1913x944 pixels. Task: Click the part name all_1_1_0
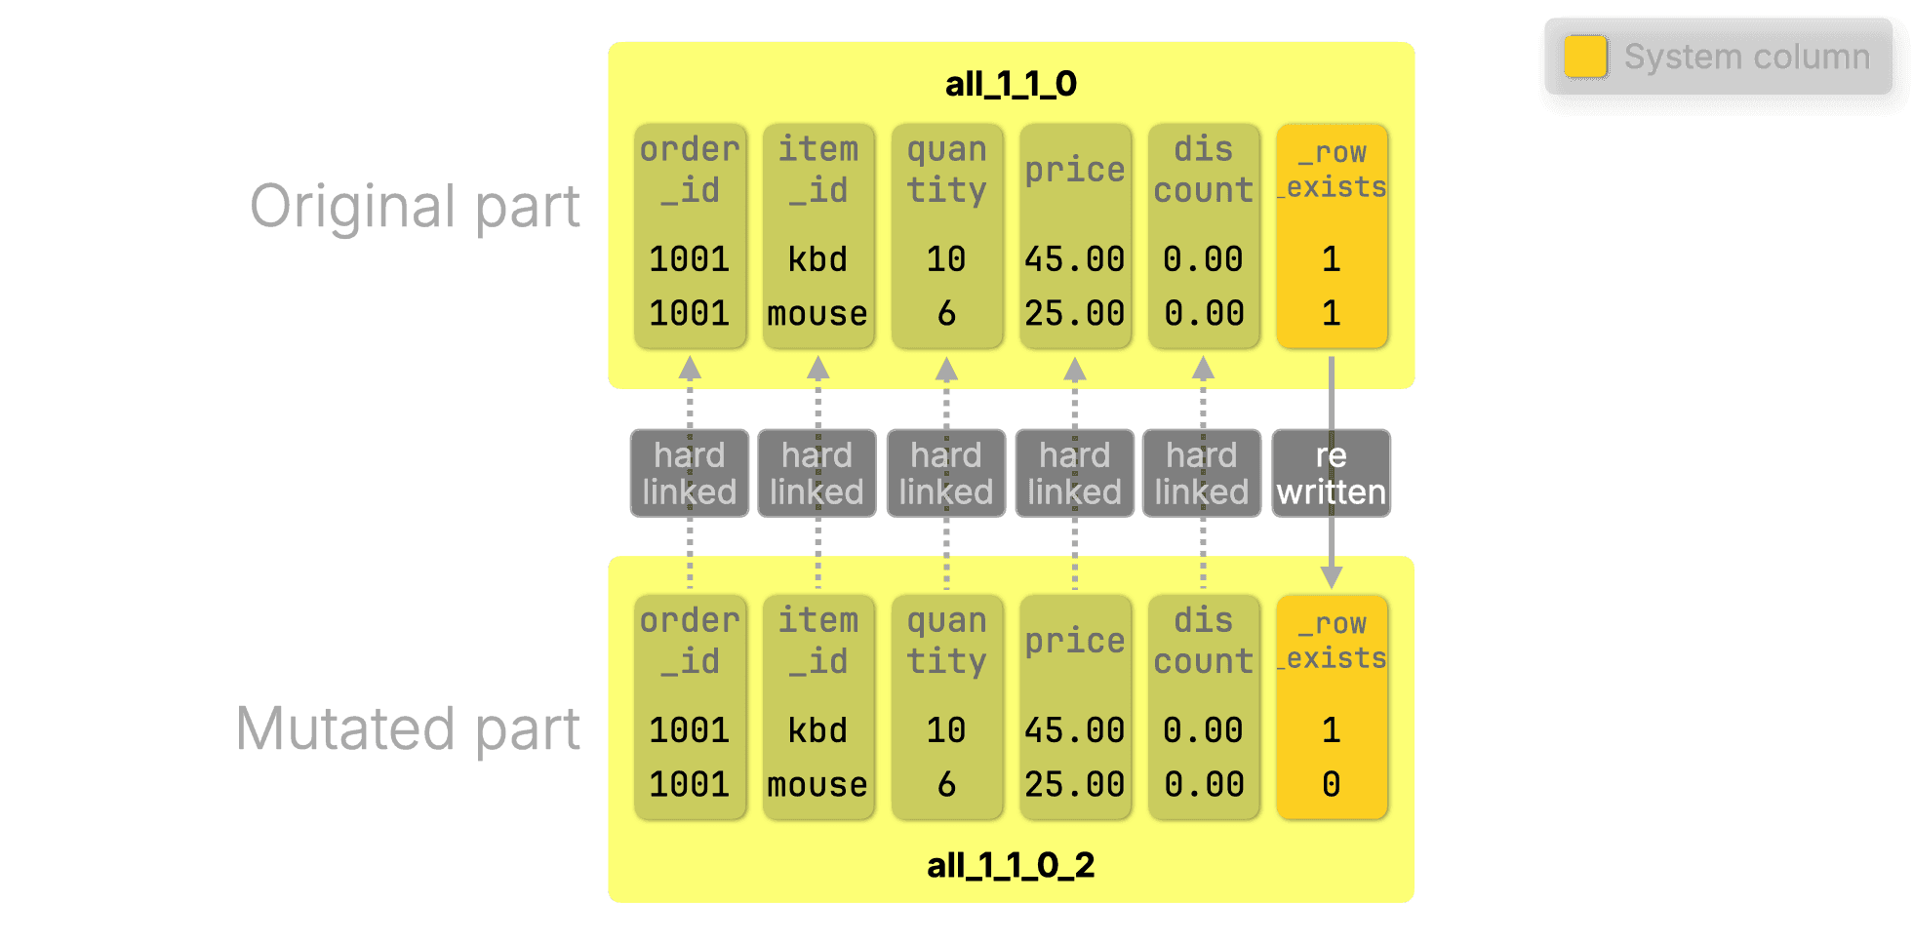(1011, 84)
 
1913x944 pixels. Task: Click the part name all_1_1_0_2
(1011, 865)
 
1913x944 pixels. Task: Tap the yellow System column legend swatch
(1585, 57)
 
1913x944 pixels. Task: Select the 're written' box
(1331, 473)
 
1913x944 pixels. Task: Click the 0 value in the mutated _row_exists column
(1331, 784)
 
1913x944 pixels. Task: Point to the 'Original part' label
(415, 207)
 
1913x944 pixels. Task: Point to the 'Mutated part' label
(408, 728)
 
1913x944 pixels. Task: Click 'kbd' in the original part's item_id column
(817, 259)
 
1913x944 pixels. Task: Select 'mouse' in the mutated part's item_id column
(817, 785)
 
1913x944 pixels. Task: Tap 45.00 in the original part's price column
(1074, 259)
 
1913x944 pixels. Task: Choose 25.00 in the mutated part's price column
(1074, 784)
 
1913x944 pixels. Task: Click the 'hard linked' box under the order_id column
(690, 473)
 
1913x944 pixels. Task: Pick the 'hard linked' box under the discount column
(1202, 473)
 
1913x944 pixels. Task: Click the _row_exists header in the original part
(1333, 170)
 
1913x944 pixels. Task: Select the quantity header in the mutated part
(946, 641)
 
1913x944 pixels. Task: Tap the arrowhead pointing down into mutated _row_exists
(1332, 577)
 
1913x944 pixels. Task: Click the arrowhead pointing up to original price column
(1075, 368)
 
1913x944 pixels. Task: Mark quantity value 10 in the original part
(946, 259)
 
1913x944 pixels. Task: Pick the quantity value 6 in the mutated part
(946, 784)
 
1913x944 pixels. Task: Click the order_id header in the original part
(690, 170)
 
